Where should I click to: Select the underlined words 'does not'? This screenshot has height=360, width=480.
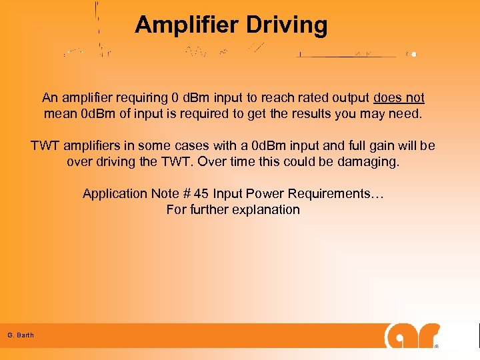(x=399, y=98)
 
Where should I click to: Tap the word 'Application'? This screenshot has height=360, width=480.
(x=115, y=194)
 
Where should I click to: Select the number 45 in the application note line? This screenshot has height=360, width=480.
(x=201, y=194)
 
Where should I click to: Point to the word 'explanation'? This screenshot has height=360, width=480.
(x=265, y=209)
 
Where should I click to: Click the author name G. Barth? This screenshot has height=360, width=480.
(x=21, y=335)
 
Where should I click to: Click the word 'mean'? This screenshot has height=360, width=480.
(x=60, y=113)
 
